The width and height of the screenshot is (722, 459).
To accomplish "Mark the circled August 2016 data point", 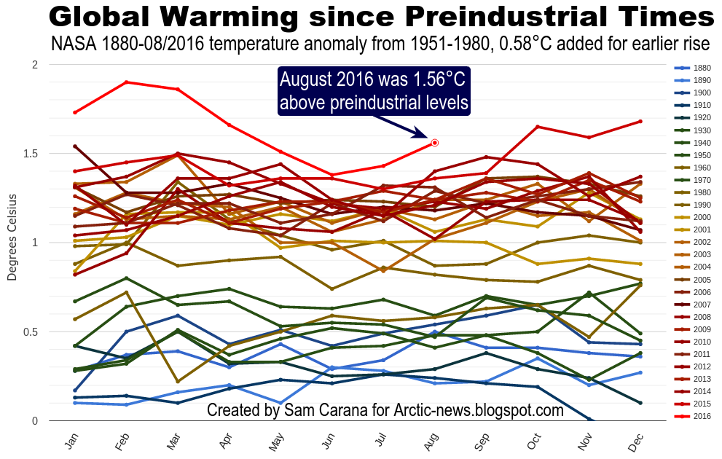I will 435,143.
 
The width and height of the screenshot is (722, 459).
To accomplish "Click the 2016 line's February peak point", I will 127,82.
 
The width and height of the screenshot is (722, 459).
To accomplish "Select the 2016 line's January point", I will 76,112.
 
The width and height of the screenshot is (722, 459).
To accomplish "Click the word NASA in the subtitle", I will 71,44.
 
